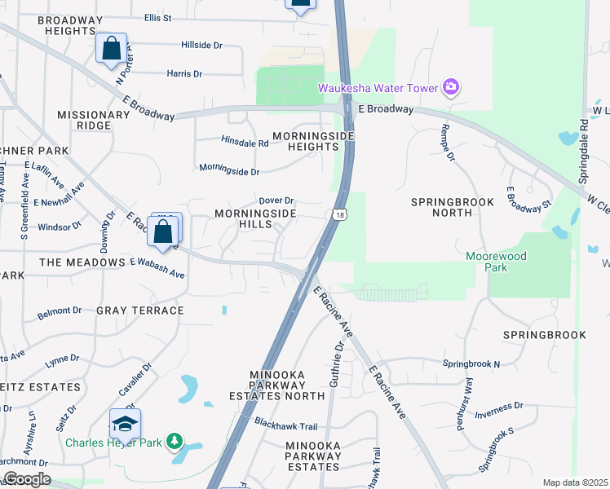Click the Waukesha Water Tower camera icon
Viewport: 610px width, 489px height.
click(450, 86)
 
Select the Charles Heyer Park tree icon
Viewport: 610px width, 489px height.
click(173, 442)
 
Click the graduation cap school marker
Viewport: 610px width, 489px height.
click(125, 424)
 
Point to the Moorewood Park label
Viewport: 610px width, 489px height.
click(496, 262)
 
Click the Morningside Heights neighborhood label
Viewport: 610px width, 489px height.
click(305, 140)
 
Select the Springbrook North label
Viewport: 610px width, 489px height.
click(441, 206)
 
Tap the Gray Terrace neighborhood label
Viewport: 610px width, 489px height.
click(140, 311)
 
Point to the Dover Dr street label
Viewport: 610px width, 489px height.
click(276, 200)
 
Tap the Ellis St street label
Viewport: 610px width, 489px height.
click(159, 17)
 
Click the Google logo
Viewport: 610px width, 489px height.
click(26, 479)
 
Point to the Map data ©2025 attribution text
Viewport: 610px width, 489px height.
click(575, 482)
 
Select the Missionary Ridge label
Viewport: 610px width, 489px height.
click(94, 120)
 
